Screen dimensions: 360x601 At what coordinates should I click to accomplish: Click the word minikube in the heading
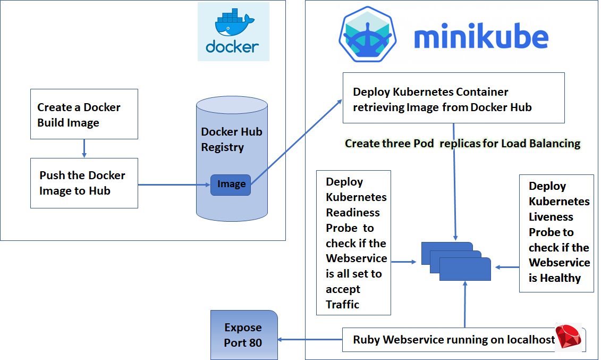[x=481, y=38]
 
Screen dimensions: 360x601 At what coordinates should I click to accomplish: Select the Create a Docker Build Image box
[x=84, y=114]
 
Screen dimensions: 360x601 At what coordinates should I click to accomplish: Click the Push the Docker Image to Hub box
[x=84, y=183]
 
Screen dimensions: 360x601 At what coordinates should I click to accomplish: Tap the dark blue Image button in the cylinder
[x=231, y=185]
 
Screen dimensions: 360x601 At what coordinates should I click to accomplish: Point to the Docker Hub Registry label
[x=231, y=139]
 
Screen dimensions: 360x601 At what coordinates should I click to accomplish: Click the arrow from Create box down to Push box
[x=84, y=148]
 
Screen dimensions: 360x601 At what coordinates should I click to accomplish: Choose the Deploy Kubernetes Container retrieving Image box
[x=453, y=99]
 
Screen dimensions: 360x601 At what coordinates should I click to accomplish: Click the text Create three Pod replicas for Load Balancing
[x=462, y=144]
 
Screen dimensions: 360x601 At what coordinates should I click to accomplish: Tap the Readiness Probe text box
[x=353, y=242]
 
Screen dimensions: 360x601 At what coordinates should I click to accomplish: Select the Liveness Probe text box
[x=556, y=232]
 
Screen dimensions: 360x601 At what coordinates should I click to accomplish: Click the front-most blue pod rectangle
[x=465, y=269]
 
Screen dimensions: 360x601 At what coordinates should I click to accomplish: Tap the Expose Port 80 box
[x=244, y=335]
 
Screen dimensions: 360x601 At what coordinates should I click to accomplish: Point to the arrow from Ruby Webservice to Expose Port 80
[x=310, y=340]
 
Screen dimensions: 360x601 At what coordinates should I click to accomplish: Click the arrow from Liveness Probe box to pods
[x=506, y=267]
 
